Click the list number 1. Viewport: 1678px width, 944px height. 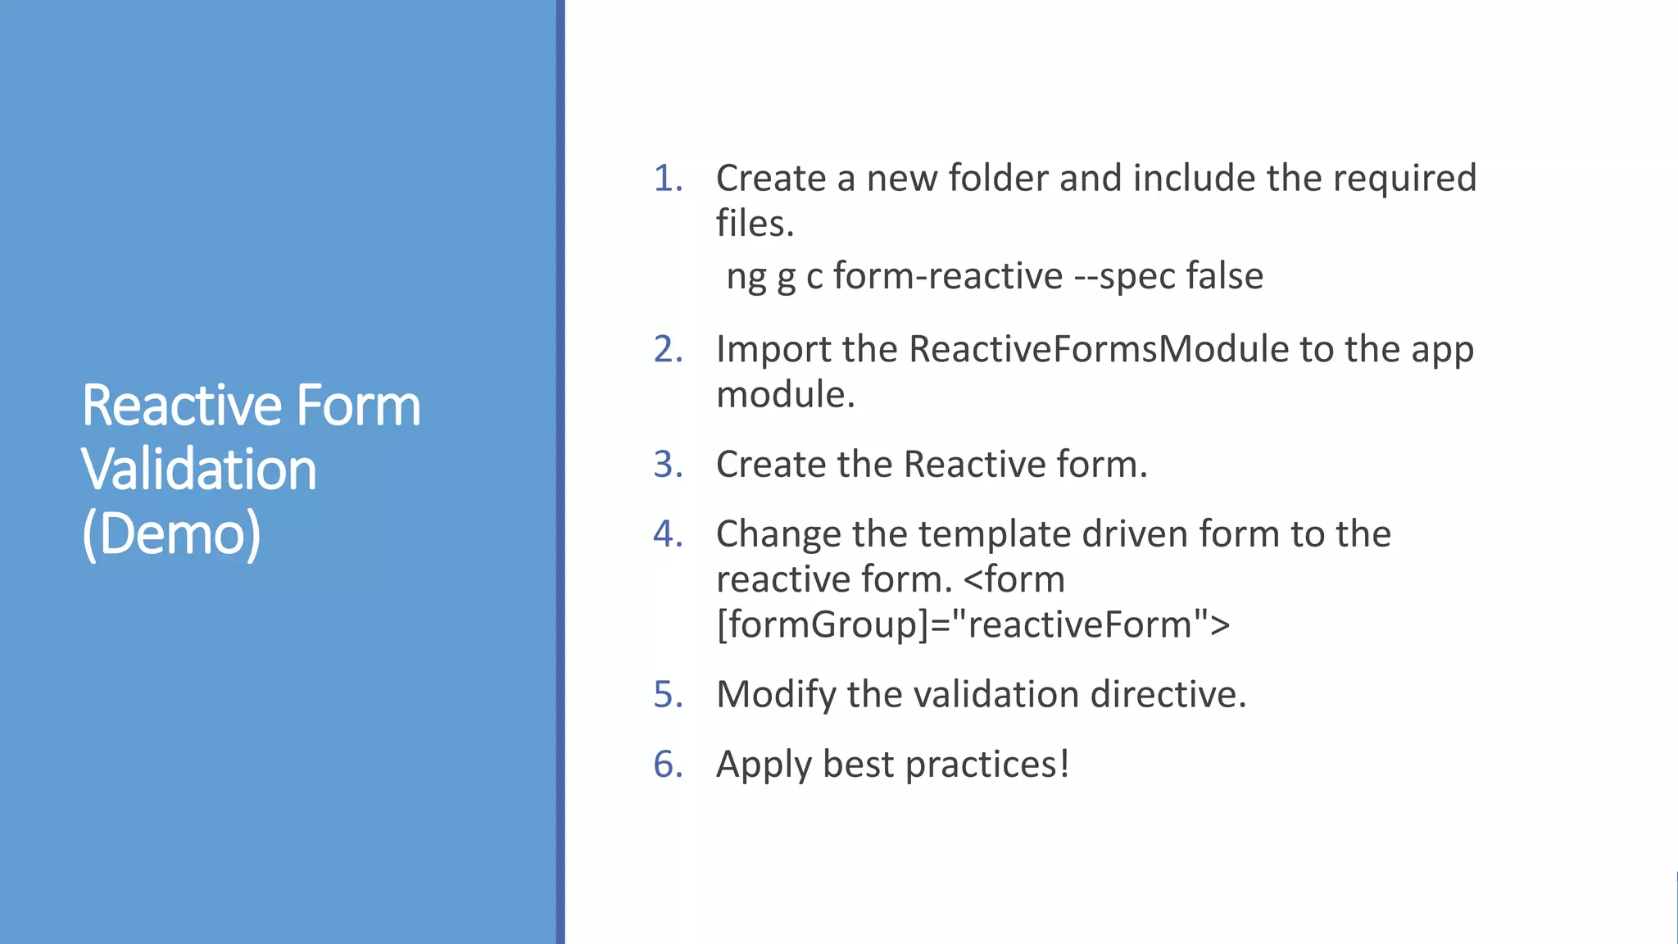[667, 179]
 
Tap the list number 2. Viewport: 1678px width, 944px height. [667, 350]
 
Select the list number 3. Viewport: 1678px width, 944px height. [667, 465]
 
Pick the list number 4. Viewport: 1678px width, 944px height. [667, 534]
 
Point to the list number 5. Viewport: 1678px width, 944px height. [667, 695]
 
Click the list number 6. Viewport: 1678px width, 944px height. [667, 765]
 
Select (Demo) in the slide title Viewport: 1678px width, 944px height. [171, 534]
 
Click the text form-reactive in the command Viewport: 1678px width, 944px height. [947, 276]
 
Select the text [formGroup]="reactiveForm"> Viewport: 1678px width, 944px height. [973, 625]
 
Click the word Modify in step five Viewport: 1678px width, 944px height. [775, 695]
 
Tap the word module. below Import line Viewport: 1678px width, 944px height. [785, 395]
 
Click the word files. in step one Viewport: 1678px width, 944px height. [755, 224]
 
